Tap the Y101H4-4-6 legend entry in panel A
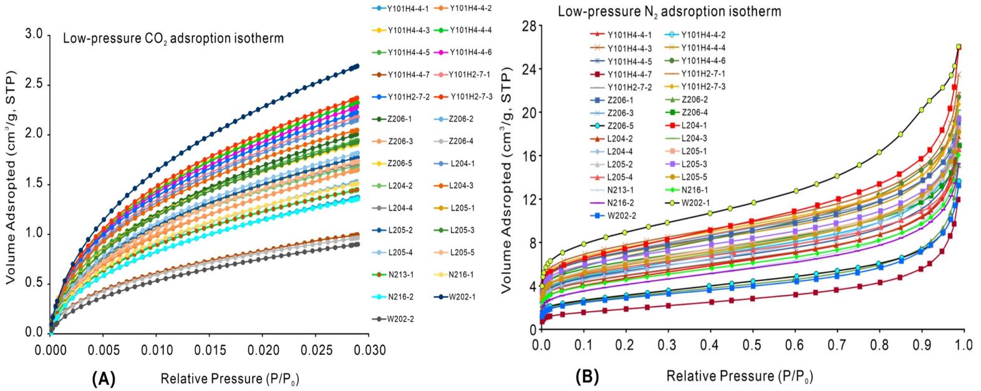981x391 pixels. pos(471,52)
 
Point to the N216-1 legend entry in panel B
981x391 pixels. pos(692,190)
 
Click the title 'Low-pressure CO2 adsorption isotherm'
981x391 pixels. pos(173,39)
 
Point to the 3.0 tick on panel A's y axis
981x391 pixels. pos(34,35)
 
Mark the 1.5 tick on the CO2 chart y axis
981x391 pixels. pos(34,184)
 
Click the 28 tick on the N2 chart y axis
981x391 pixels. pos(529,26)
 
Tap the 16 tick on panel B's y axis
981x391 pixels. pos(529,156)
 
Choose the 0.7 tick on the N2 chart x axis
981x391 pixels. pos(836,344)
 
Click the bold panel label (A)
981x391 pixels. pos(104,378)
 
